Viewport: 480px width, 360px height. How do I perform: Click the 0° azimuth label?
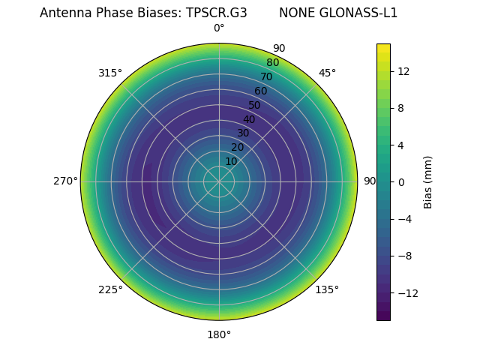tap(219, 28)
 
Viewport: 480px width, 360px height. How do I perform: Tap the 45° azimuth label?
tap(327, 73)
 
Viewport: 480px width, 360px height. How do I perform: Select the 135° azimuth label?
tap(327, 289)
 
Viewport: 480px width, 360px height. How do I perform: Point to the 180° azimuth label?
tap(219, 334)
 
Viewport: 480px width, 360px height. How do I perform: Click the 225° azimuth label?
tap(110, 289)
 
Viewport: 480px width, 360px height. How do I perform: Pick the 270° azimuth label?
tap(65, 181)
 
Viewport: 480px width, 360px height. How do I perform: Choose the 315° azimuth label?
tap(110, 73)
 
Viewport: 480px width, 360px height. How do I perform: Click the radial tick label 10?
tap(231, 161)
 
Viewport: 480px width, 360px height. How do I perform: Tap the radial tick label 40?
tap(249, 119)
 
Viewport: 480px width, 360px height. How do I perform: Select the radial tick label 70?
tap(266, 76)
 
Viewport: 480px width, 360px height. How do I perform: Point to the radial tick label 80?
tap(272, 62)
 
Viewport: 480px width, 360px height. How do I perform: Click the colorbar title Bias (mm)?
tap(428, 182)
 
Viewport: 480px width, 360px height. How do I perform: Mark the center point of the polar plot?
tap(219, 181)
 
